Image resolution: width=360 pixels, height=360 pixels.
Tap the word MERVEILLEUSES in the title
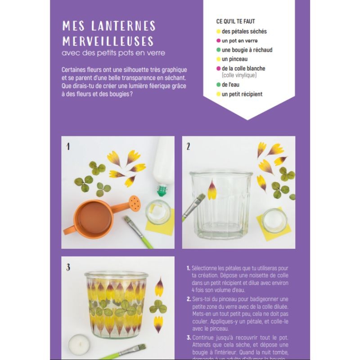tap(108, 41)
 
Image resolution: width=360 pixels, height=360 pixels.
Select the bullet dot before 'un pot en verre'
tap(218, 40)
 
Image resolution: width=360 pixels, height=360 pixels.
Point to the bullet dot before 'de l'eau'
tap(218, 85)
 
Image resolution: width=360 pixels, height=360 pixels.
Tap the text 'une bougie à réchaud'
tap(247, 50)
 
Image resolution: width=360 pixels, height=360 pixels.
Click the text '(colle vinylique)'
tap(239, 75)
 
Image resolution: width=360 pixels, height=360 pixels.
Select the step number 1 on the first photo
tap(68, 146)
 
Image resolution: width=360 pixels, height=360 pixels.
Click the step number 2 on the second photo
tap(189, 146)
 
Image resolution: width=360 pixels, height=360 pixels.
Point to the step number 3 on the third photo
tap(68, 268)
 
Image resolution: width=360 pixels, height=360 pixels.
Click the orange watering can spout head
tap(134, 202)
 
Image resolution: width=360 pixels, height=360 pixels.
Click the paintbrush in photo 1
tap(139, 231)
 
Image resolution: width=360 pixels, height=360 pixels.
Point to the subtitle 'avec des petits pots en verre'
tap(113, 53)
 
